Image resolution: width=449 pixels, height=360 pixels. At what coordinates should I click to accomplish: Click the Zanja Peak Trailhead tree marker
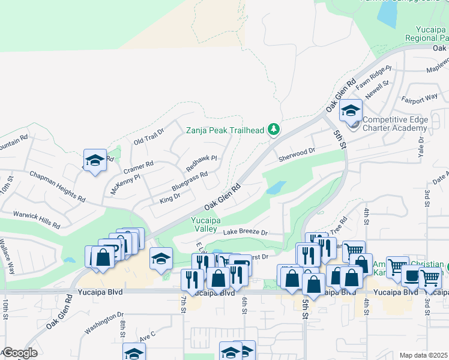pos(274,129)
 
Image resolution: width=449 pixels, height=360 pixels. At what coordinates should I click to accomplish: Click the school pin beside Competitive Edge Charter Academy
pos(351,110)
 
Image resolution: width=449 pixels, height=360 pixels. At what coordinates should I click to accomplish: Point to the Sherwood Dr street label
pos(297,155)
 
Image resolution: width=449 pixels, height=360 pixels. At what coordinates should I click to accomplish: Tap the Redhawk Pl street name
pos(200,161)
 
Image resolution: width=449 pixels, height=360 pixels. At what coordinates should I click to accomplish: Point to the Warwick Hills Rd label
pos(37,218)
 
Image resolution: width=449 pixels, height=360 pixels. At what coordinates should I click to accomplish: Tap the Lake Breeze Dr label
pos(245,232)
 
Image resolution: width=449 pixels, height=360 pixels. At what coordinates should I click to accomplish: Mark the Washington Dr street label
pos(104,322)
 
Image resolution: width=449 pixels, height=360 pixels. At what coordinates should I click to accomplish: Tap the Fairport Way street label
pos(420,97)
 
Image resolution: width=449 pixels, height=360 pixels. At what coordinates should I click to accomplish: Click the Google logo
pos(19,353)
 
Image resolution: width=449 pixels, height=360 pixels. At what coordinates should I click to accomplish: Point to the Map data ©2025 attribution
pos(423,355)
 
